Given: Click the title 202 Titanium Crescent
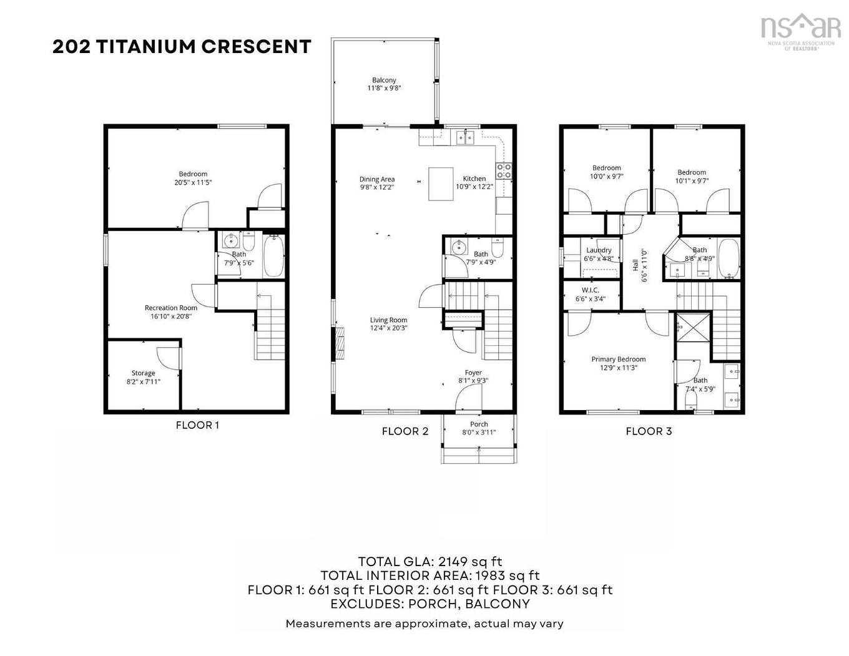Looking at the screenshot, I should (x=182, y=47).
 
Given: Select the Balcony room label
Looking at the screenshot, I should (x=384, y=81).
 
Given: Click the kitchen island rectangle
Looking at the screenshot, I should (x=441, y=184).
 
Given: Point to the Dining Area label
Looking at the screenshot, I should (x=377, y=179).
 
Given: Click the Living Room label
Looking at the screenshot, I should (x=388, y=320).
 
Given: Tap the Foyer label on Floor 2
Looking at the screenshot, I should (x=473, y=373).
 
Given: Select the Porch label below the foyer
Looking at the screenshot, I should (x=479, y=424).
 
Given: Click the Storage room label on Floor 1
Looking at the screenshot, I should (x=143, y=373).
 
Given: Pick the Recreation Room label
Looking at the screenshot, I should (x=171, y=308).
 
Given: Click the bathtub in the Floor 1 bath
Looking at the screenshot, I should (x=274, y=257).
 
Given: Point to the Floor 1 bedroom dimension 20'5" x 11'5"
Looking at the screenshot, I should (x=193, y=183).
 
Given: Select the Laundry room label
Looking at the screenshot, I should (x=599, y=250).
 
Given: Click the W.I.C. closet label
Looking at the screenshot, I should (x=590, y=290).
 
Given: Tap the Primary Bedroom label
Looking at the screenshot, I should (x=618, y=360).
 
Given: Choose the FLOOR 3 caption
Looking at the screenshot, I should (x=649, y=431).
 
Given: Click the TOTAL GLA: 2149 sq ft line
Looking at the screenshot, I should (x=429, y=562).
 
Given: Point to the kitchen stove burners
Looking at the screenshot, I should (x=504, y=171).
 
